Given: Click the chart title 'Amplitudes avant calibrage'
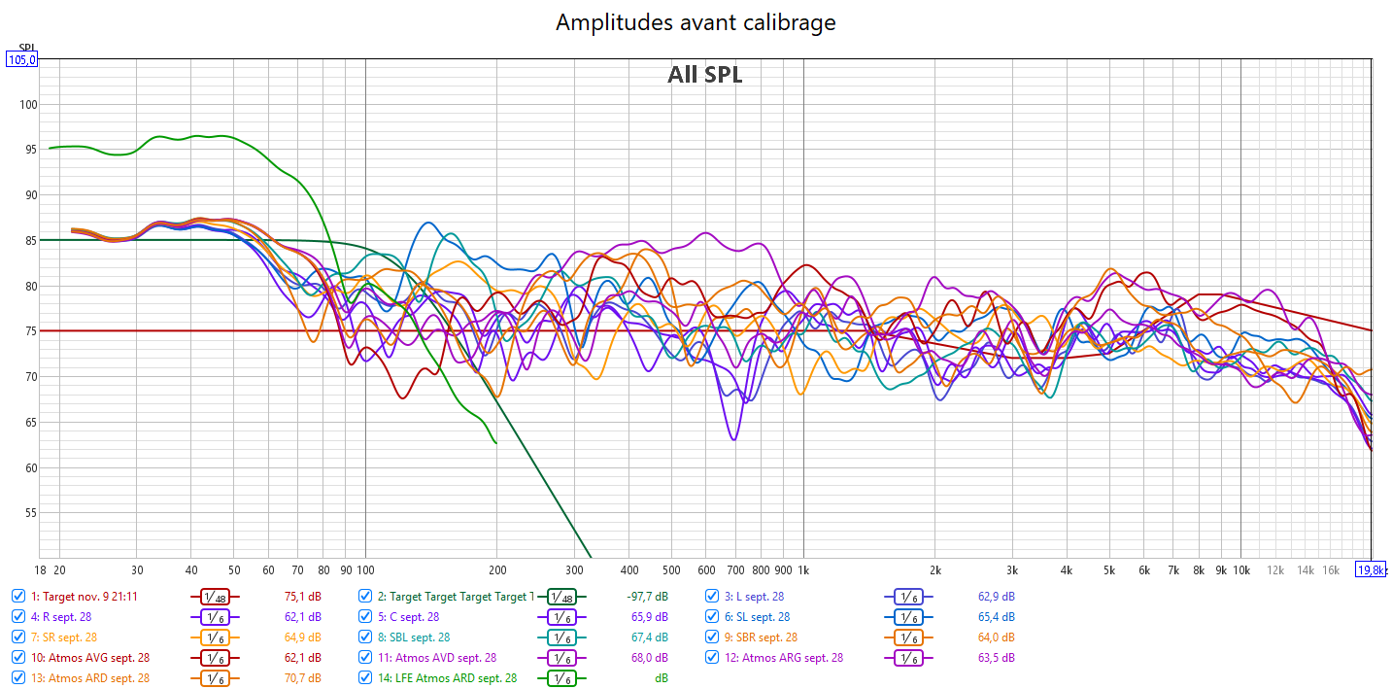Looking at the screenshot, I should point(696,22).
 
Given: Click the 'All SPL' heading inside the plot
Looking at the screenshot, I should point(704,75).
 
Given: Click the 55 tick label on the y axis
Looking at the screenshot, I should point(29,513).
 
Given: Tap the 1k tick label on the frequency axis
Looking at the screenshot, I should point(803,569).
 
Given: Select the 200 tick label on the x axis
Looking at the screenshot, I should point(497,569).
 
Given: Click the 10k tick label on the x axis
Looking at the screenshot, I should point(1241,569).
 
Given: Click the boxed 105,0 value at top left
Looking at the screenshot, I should point(22,59).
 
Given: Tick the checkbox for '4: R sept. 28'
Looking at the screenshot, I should point(18,616).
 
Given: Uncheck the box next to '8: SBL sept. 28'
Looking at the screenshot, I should point(365,637).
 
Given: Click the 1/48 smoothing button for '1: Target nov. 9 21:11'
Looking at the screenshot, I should point(215,597).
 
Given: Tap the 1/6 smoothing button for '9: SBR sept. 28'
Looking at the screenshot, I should point(907,637).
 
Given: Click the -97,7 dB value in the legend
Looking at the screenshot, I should point(647,597).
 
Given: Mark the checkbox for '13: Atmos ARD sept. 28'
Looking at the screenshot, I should point(18,678).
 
